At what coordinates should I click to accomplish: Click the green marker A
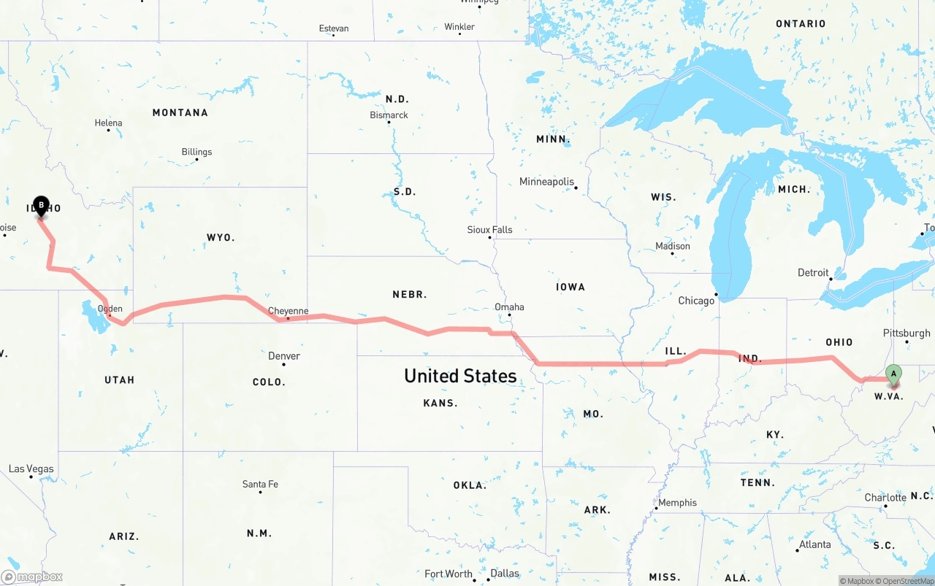pyautogui.click(x=893, y=374)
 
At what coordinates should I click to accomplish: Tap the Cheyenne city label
pyautogui.click(x=288, y=311)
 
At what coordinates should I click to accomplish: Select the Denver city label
pyautogui.click(x=284, y=356)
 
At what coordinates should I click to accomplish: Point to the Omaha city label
pyautogui.click(x=509, y=307)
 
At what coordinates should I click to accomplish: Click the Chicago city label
pyautogui.click(x=696, y=301)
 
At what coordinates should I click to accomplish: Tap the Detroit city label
pyautogui.click(x=813, y=273)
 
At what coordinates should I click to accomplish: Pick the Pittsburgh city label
pyautogui.click(x=907, y=333)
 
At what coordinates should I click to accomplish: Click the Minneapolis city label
pyautogui.click(x=546, y=182)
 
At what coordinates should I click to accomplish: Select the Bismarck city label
pyautogui.click(x=389, y=115)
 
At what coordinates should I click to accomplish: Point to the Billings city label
pyautogui.click(x=196, y=152)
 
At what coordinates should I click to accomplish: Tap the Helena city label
pyautogui.click(x=108, y=123)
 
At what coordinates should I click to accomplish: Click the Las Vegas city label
pyautogui.click(x=31, y=469)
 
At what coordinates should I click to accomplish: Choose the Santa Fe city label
pyautogui.click(x=260, y=484)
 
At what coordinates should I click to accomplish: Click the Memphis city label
pyautogui.click(x=677, y=502)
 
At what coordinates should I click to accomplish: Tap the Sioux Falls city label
pyautogui.click(x=489, y=229)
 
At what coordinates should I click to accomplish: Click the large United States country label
pyautogui.click(x=460, y=376)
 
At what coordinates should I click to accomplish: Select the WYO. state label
pyautogui.click(x=220, y=238)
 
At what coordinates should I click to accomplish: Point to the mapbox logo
pyautogui.click(x=32, y=577)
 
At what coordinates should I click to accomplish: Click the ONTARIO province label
pyautogui.click(x=801, y=24)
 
